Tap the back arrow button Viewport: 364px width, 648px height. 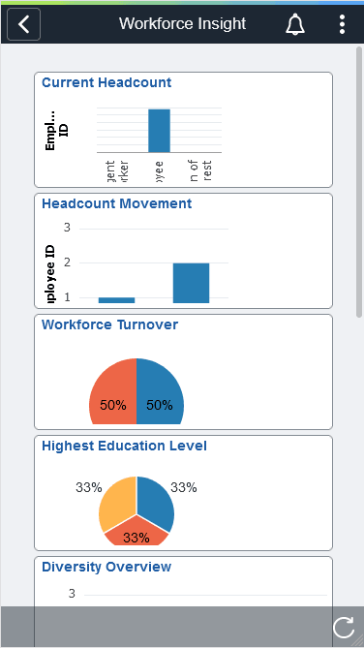click(23, 24)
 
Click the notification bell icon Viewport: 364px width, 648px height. click(296, 24)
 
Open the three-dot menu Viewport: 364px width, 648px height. click(342, 24)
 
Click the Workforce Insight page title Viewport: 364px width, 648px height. click(182, 24)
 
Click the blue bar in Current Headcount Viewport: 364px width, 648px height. click(159, 131)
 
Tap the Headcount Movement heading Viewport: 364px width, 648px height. click(116, 204)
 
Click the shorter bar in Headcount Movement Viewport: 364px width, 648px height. click(116, 300)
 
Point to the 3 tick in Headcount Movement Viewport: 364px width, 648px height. click(68, 228)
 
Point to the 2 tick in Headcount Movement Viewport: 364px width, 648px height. click(68, 262)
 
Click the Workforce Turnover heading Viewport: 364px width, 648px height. click(109, 325)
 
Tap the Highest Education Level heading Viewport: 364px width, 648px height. click(124, 447)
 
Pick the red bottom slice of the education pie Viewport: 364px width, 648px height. click(136, 534)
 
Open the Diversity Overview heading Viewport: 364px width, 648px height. click(106, 567)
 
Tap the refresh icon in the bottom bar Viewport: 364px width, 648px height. click(343, 628)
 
